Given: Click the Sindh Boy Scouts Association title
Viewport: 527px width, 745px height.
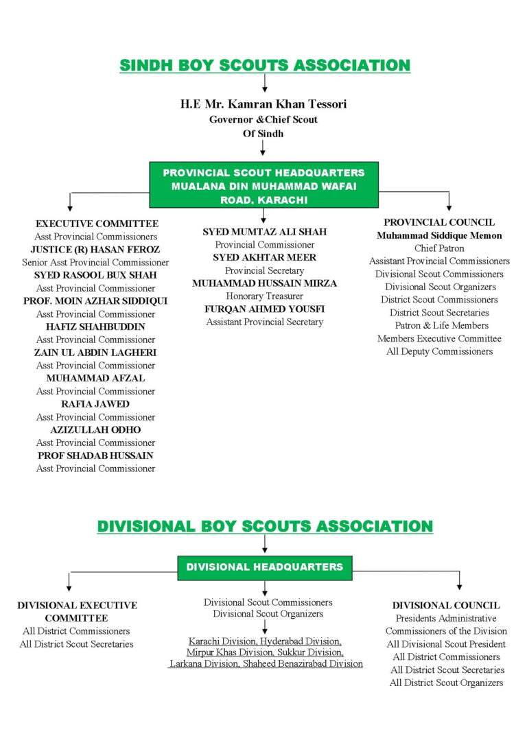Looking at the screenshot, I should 264,66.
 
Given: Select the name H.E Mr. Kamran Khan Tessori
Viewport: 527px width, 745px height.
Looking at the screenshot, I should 263,104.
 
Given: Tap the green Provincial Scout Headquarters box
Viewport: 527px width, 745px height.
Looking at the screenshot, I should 263,186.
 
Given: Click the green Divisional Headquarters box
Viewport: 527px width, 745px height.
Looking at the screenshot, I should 264,567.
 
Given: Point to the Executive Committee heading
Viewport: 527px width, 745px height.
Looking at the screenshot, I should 97,224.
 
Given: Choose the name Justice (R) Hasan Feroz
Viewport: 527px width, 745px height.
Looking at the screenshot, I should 95,250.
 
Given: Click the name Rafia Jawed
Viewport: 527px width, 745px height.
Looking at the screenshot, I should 95,404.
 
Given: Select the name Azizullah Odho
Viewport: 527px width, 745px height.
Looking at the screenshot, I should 95,429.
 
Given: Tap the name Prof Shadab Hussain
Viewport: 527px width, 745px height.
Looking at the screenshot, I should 95,456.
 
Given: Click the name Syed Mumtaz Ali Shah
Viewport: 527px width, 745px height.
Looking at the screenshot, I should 264,232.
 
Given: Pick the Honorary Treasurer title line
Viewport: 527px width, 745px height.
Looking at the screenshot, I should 264,296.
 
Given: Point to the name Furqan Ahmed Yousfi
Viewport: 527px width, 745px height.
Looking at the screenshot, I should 264,309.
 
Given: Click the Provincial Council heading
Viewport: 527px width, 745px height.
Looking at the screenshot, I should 439,222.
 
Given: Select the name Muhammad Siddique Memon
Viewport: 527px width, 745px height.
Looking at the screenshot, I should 439,235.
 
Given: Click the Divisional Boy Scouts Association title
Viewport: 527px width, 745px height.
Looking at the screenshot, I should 265,526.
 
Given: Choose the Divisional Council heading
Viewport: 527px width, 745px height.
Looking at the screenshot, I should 446,605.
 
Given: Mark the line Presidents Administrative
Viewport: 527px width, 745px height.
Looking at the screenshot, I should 446,618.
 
